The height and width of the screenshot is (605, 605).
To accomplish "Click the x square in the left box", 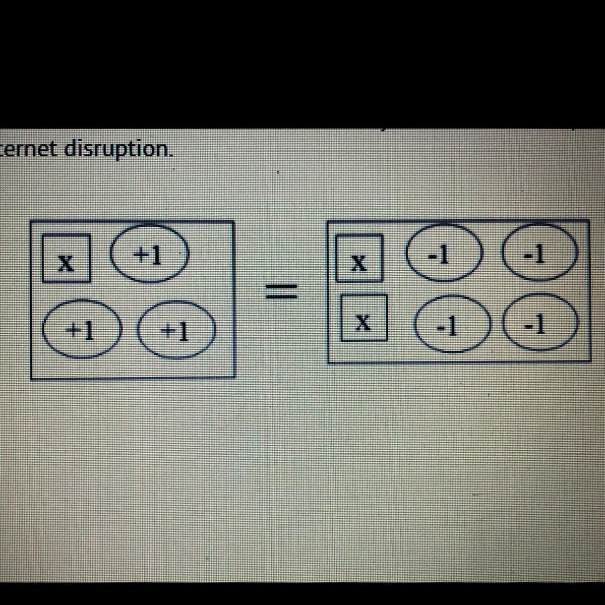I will (66, 258).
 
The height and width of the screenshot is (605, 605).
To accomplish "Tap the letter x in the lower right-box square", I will (363, 320).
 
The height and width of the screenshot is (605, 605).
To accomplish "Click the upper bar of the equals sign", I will (282, 286).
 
